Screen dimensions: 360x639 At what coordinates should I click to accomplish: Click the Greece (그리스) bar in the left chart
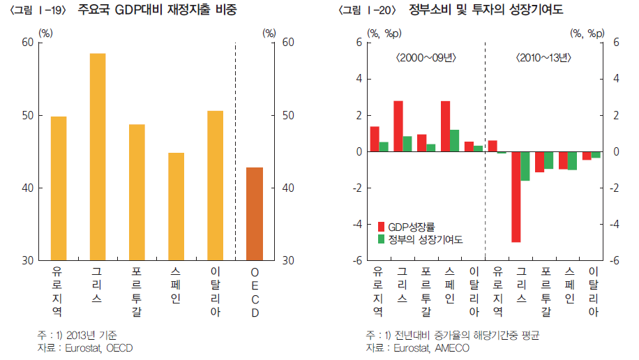pos(97,156)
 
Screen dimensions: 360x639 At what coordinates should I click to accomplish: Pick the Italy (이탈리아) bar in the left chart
pos(215,185)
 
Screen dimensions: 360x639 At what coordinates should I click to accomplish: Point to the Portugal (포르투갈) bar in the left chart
pos(137,192)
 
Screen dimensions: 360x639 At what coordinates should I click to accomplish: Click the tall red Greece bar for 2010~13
pos(516,197)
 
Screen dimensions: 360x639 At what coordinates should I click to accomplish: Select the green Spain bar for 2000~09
pos(454,140)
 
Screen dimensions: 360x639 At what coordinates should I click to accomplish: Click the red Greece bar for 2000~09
pos(398,126)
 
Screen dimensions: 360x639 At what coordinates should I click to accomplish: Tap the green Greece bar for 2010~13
pos(525,166)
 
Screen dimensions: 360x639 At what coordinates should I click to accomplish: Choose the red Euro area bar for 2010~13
pos(493,146)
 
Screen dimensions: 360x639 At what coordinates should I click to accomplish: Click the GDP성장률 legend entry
pos(411,227)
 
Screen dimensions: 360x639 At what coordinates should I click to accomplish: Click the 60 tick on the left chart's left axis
pos(27,43)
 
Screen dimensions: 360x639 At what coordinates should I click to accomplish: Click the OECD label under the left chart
pos(255,292)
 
